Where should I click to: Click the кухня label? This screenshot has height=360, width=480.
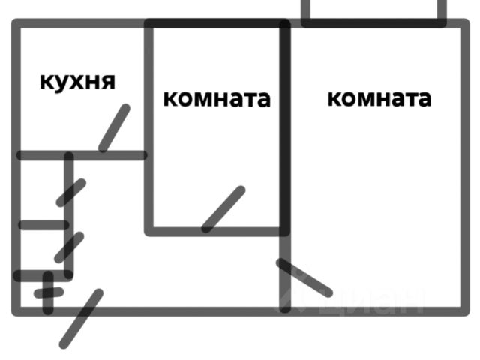pos(77,80)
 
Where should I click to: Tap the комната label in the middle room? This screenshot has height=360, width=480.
pos(216,98)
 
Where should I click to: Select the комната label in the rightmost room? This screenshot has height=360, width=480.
pos(379,98)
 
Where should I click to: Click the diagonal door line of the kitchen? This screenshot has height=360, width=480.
pos(114,127)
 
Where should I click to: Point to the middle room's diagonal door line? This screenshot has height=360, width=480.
pos(223,208)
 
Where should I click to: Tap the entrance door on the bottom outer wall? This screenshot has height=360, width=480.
pos(81,318)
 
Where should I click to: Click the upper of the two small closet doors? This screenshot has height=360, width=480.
pos(71,192)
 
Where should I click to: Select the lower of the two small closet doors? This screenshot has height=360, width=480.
pos(69,247)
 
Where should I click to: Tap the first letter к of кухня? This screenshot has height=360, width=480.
pos(46,81)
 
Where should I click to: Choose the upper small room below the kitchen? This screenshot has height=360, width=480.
pos(41,190)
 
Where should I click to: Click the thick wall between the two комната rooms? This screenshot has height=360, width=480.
pos(285,127)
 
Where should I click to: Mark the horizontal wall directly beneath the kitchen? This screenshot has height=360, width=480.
pos(81,155)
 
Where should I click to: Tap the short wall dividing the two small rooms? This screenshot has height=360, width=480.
pos(43,224)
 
